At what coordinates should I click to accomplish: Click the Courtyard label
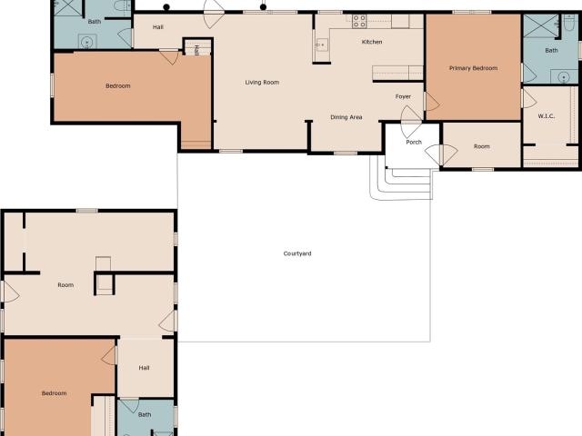pyautogui.click(x=297, y=253)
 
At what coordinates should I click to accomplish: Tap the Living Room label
pyautogui.click(x=262, y=83)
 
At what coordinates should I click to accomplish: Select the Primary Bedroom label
pyautogui.click(x=473, y=68)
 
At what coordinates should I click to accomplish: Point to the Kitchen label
pyautogui.click(x=372, y=42)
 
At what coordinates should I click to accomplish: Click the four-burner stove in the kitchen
pyautogui.click(x=359, y=21)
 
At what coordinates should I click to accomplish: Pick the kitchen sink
pyautogui.click(x=321, y=45)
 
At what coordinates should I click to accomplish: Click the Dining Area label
pyautogui.click(x=346, y=117)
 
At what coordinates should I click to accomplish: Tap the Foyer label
pyautogui.click(x=403, y=96)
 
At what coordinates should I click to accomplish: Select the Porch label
pyautogui.click(x=414, y=142)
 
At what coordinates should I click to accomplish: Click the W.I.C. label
pyautogui.click(x=547, y=116)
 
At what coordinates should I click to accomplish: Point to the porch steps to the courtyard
pyautogui.click(x=402, y=183)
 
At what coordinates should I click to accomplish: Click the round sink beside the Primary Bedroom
pyautogui.click(x=564, y=77)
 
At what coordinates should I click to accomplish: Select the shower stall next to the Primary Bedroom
pyautogui.click(x=540, y=25)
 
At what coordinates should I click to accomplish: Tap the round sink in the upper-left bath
pyautogui.click(x=87, y=42)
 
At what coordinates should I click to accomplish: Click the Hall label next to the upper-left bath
pyautogui.click(x=157, y=27)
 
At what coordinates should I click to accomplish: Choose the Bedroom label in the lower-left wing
pyautogui.click(x=55, y=393)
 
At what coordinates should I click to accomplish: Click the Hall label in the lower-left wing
pyautogui.click(x=144, y=368)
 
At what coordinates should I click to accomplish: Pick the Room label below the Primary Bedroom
pyautogui.click(x=482, y=146)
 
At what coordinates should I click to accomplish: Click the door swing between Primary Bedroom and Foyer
pyautogui.click(x=432, y=101)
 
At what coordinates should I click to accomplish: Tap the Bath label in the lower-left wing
pyautogui.click(x=145, y=414)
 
